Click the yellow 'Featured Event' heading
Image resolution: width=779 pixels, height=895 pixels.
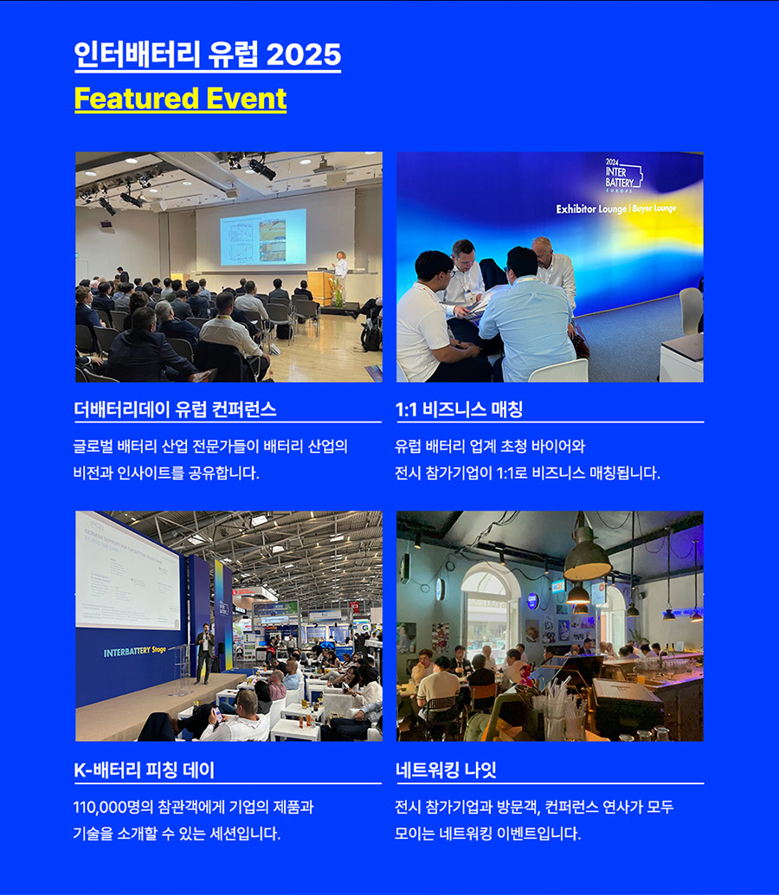180,99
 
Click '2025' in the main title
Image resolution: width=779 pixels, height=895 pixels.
304,55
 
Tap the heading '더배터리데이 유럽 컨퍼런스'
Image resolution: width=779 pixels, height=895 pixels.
175,409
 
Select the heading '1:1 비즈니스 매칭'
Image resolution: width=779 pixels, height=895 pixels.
459,409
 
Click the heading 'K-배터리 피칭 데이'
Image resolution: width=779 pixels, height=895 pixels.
145,770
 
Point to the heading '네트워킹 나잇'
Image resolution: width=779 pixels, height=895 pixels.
446,770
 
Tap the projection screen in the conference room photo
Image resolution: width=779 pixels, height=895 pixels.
263,236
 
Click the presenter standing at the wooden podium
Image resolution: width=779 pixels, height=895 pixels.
341,272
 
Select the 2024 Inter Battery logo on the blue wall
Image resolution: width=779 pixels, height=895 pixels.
623,175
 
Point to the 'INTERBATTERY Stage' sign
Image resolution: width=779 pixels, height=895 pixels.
135,651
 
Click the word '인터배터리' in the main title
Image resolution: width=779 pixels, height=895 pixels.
137,55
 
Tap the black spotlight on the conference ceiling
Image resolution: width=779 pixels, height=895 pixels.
261,167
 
